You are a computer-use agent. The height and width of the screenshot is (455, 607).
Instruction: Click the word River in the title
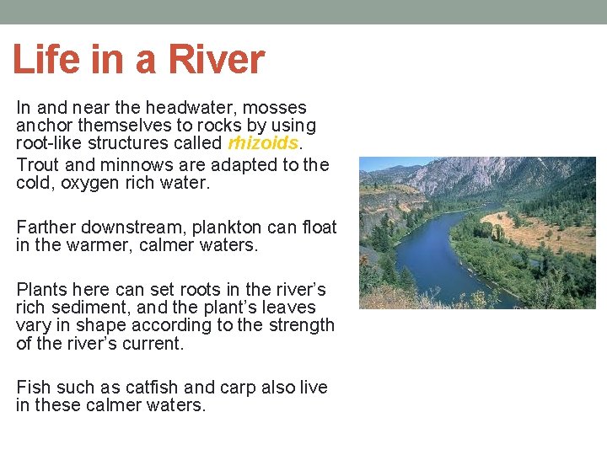(216, 60)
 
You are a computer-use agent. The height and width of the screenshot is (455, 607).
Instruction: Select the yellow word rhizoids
(263, 144)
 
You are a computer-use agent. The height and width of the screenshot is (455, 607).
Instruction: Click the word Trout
(38, 164)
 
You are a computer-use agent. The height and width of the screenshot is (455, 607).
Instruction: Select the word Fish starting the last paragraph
(34, 388)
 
